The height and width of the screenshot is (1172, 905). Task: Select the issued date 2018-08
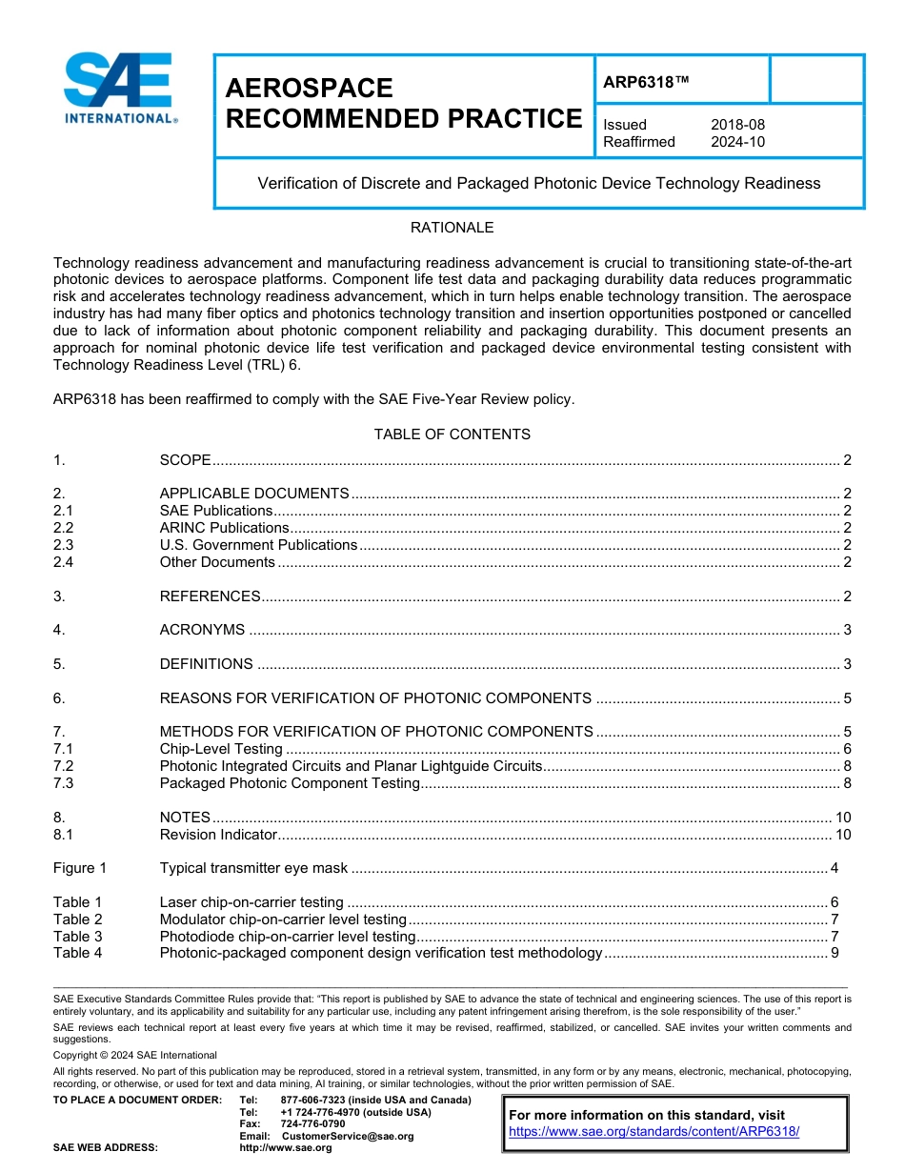click(737, 125)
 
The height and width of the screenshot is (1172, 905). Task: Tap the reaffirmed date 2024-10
click(737, 142)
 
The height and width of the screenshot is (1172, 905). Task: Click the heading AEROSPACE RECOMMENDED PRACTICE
click(403, 103)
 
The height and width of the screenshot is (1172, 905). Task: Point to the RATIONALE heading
click(452, 228)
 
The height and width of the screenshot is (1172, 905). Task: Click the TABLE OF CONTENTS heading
click(452, 434)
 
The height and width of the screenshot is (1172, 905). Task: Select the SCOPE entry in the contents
click(185, 460)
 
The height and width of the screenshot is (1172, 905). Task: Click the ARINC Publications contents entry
click(224, 528)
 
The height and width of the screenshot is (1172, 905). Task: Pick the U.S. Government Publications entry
click(258, 545)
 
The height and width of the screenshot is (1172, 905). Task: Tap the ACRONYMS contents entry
click(202, 630)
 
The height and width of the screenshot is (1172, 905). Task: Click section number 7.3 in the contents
click(64, 783)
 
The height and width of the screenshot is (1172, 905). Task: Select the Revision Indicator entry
click(218, 835)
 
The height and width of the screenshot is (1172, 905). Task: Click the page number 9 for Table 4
click(835, 953)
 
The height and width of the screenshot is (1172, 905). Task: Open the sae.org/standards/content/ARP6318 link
click(654, 1132)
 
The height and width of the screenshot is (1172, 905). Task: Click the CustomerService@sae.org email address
click(348, 1136)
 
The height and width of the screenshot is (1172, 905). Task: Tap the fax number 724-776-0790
click(313, 1124)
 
